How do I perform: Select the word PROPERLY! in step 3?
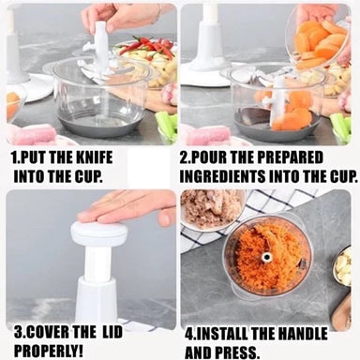coord(49,352)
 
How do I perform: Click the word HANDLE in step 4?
coord(303,335)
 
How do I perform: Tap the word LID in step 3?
coord(112,333)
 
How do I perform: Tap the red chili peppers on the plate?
coord(146,47)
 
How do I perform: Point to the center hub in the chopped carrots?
coord(266,258)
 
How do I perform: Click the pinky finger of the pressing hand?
coord(164,217)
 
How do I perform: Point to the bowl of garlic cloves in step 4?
coord(341,266)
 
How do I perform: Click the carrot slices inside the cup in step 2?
coord(292,112)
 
